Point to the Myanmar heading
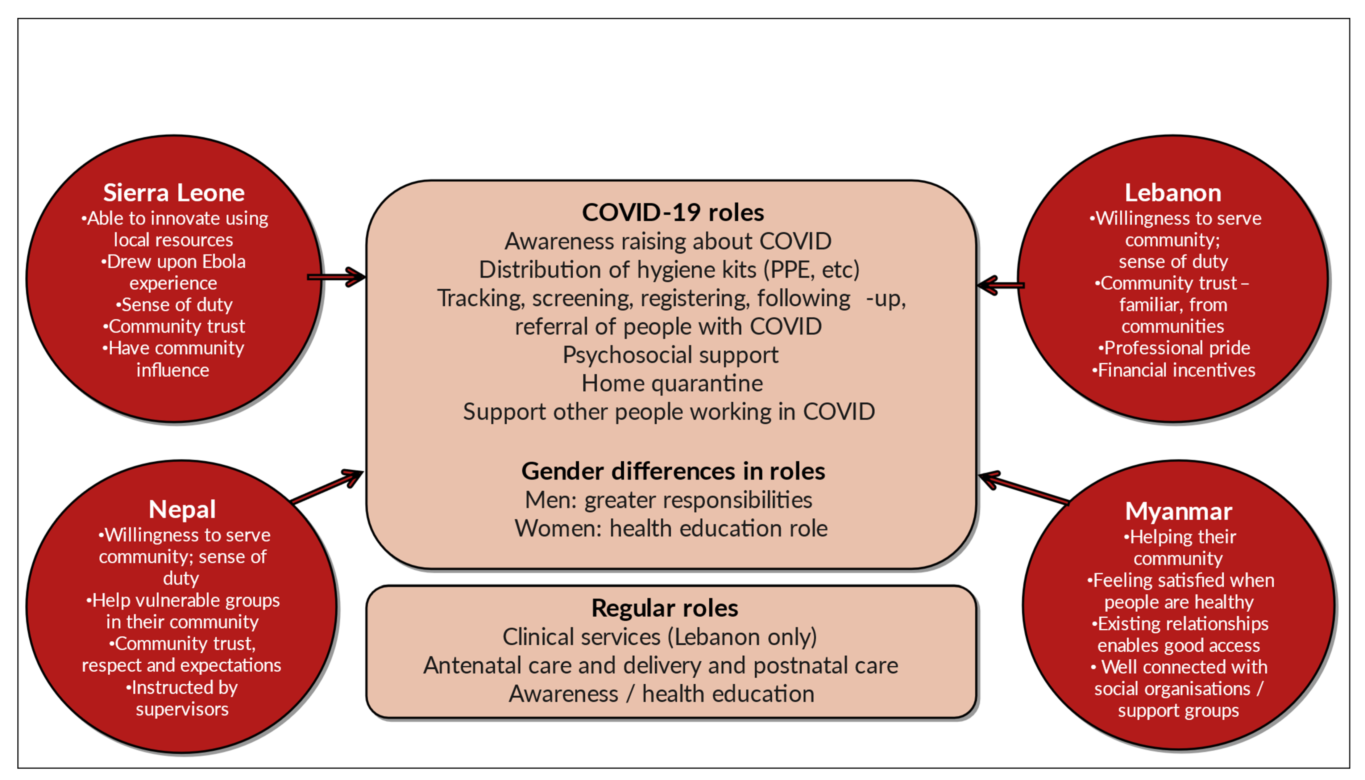pos(1178,511)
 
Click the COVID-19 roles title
pos(672,213)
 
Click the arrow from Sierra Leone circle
pos(337,277)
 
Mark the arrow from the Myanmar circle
pos(1023,489)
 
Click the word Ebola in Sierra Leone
pos(224,262)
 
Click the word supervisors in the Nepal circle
pos(182,709)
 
